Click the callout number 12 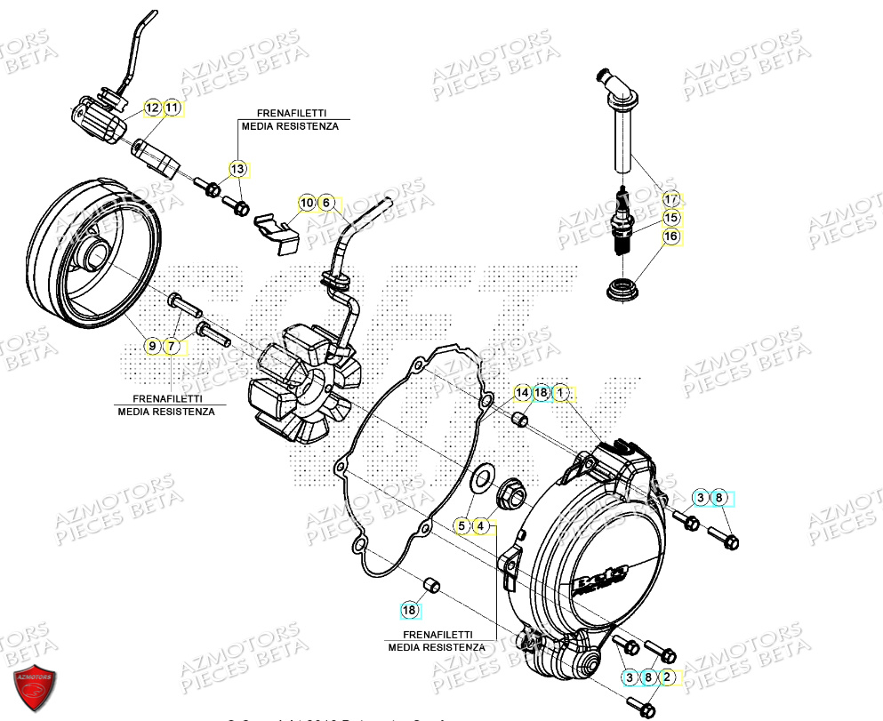coord(153,108)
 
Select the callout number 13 coord(237,169)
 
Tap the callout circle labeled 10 coord(307,204)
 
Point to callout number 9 coord(152,345)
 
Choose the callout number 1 coord(561,392)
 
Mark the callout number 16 coord(670,236)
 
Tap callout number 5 coord(462,526)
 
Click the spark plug coord(622,222)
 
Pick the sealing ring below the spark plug coord(621,289)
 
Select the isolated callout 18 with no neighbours coord(409,610)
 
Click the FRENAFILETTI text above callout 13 coord(291,115)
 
